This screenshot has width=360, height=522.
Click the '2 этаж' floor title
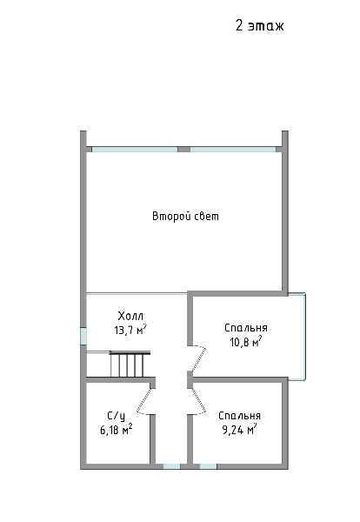(259, 25)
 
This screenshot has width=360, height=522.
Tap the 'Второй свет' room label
(186, 217)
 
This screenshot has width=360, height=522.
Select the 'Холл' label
(130, 316)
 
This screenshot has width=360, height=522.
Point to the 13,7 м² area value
(130, 330)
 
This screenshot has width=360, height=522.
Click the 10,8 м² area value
(246, 342)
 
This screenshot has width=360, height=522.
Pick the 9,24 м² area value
(239, 430)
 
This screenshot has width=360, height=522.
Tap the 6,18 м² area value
(117, 430)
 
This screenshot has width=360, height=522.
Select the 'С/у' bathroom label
(117, 416)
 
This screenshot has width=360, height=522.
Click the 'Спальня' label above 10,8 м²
(246, 328)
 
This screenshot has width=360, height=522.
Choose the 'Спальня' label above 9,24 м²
(239, 416)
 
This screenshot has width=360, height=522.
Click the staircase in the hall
(130, 365)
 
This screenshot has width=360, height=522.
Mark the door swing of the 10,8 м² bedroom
(199, 358)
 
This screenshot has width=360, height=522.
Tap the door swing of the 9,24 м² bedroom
(199, 401)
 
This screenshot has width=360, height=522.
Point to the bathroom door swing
(144, 401)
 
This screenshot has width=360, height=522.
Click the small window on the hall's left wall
(83, 336)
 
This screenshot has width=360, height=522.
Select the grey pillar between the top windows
(183, 150)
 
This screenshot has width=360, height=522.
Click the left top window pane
(135, 150)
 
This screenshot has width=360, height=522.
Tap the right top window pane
(233, 150)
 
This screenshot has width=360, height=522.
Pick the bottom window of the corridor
(171, 466)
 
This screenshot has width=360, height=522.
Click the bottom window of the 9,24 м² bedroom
(209, 466)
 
